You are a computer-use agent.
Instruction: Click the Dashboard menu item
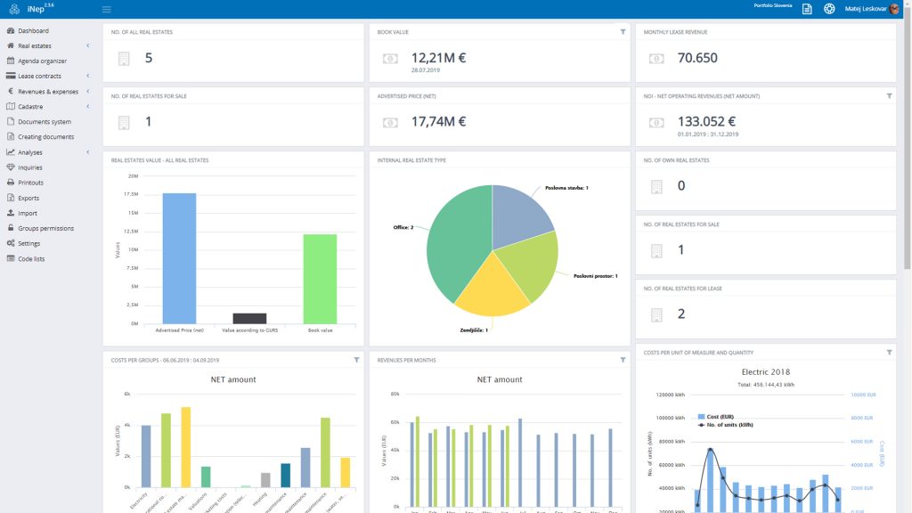(33, 31)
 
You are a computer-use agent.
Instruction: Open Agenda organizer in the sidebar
(42, 61)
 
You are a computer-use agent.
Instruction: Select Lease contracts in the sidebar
(39, 77)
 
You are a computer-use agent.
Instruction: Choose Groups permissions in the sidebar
(45, 228)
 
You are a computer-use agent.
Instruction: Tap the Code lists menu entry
(31, 258)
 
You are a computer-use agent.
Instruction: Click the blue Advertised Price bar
(179, 258)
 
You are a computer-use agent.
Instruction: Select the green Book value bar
(320, 279)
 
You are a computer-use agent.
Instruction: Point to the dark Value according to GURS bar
(249, 318)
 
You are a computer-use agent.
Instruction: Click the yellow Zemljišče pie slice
(479, 292)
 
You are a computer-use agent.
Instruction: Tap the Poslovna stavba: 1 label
(566, 188)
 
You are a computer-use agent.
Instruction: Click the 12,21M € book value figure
(438, 58)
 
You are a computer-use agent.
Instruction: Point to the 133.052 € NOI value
(706, 122)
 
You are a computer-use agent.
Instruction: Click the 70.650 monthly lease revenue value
(697, 58)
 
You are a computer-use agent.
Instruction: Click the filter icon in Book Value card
(623, 32)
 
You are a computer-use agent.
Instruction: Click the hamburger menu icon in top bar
(107, 9)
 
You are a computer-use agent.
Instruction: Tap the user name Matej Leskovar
(866, 9)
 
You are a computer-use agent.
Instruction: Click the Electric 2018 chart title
(766, 371)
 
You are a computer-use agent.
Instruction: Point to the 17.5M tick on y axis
(131, 194)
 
